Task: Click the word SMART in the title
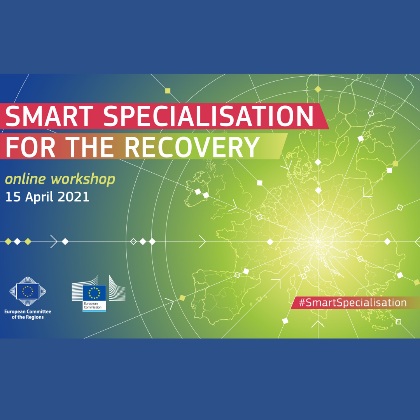pos(49,116)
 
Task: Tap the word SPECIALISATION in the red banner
pos(208,116)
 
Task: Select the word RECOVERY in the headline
pos(192,147)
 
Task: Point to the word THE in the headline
pos(89,147)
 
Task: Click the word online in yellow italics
pos(25,179)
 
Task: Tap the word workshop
pos(83,179)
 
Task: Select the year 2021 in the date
pos(73,197)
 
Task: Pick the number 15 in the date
pos(13,197)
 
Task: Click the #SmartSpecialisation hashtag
pos(352,303)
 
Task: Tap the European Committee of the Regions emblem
pos(28,291)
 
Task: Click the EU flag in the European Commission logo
pos(94,293)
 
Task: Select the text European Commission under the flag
pos(93,305)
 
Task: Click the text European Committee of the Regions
pos(28,314)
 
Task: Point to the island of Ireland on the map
pos(198,189)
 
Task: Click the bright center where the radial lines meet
pos(318,241)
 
